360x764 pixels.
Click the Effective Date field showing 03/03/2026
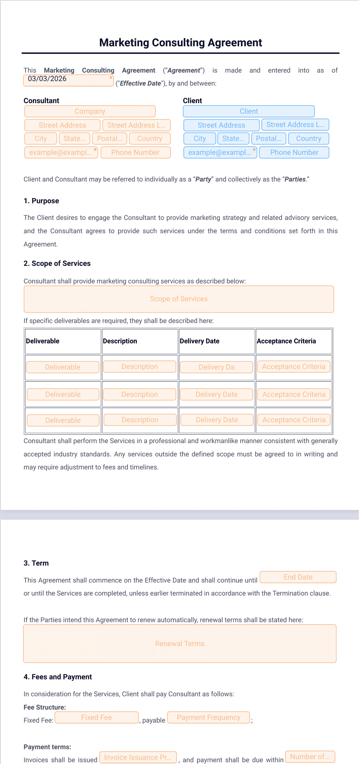(68, 80)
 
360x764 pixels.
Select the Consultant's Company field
(90, 111)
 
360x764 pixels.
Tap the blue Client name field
(249, 111)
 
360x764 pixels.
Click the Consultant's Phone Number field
(136, 152)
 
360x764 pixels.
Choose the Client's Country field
(308, 139)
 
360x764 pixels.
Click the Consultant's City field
(41, 139)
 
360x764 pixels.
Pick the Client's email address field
(220, 152)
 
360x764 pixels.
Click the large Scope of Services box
(179, 299)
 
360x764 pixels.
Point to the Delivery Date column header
(200, 341)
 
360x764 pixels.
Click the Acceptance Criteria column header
(286, 341)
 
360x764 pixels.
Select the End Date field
(298, 577)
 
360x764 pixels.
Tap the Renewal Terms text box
(180, 644)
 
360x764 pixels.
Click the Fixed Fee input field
(97, 717)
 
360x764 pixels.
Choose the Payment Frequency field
(209, 717)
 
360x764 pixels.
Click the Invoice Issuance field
(138, 757)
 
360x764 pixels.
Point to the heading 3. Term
(36, 563)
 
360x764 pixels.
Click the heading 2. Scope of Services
(57, 263)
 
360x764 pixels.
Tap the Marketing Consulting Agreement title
(180, 42)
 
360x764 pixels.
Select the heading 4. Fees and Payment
(58, 677)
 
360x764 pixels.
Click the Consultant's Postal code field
(110, 139)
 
